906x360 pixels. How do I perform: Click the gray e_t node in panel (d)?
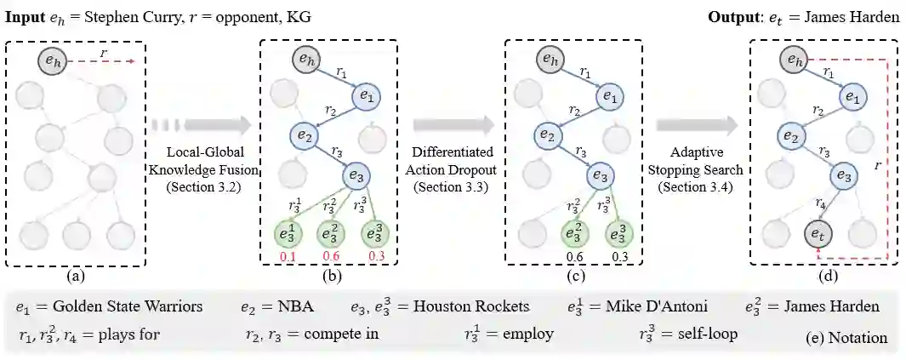(x=816, y=233)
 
